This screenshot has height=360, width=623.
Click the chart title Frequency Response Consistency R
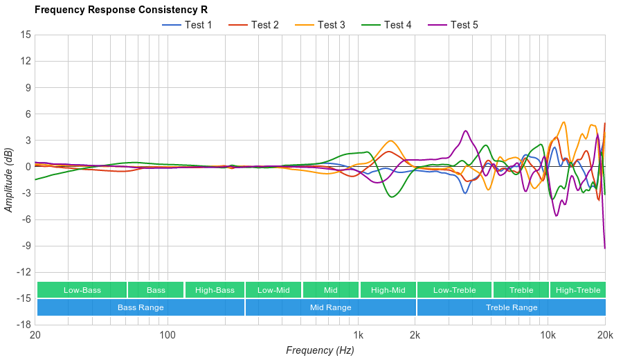coord(120,10)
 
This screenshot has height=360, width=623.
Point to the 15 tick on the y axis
coord(26,35)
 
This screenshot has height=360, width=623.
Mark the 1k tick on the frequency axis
coord(358,335)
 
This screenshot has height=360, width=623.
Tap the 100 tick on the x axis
coord(168,335)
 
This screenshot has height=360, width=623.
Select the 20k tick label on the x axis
coord(604,335)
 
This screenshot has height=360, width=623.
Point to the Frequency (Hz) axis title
coord(320,350)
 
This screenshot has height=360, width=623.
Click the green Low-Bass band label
coord(82,290)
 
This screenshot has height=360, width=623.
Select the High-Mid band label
coord(388,290)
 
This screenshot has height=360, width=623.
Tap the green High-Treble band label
coord(577,290)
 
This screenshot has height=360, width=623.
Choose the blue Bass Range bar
coord(141,307)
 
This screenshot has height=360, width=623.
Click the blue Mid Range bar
coord(330,307)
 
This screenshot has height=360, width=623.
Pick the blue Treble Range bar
coord(511,307)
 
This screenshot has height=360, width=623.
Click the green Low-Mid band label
coord(273,290)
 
